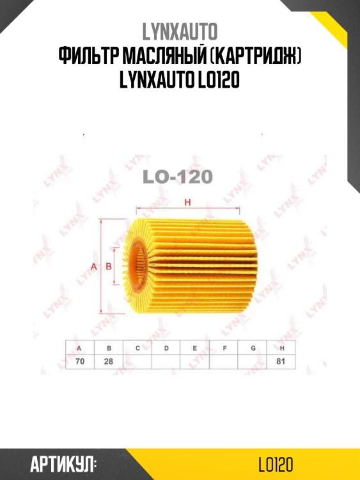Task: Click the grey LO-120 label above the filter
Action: pos(178,177)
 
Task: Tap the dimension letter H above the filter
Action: pos(188,203)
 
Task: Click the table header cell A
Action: pos(79,348)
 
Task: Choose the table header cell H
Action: pos(281,348)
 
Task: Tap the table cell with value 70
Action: pos(79,362)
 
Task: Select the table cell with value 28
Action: pos(109,362)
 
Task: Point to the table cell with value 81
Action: pos(281,362)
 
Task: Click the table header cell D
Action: pos(166,348)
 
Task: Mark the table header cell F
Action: pos(224,348)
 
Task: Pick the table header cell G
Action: pos(253,348)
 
